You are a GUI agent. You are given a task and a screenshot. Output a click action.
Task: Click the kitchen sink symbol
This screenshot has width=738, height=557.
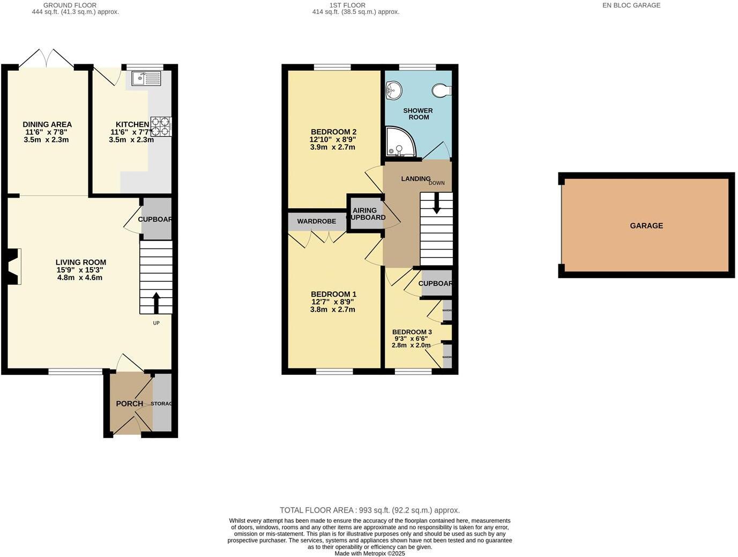(146, 79)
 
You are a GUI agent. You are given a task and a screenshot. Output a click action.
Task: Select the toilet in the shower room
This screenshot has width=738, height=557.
(442, 91)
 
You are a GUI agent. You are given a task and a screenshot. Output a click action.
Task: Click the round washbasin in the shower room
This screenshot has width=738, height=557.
(393, 91)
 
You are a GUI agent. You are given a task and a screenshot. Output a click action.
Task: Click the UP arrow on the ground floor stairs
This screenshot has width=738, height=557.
(156, 303)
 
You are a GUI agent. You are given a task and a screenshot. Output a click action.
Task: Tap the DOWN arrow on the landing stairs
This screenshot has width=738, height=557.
(437, 203)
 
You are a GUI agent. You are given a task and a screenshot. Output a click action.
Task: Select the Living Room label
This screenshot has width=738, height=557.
(81, 262)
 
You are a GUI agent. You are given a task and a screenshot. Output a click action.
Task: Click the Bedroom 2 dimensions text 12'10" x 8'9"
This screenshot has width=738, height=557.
(332, 139)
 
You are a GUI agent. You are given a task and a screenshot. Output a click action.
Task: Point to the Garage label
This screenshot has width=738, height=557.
(646, 226)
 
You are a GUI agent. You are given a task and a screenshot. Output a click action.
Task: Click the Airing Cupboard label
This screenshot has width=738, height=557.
(366, 214)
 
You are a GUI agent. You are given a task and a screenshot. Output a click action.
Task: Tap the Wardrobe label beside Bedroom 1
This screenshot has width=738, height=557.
(316, 221)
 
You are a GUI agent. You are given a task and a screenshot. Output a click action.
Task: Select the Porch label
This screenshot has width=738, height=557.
(130, 404)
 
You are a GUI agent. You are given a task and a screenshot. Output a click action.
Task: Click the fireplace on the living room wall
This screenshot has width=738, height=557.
(14, 266)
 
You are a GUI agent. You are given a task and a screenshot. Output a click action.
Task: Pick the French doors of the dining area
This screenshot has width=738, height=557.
(47, 58)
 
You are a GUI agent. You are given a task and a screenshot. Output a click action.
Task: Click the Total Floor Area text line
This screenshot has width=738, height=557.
(369, 510)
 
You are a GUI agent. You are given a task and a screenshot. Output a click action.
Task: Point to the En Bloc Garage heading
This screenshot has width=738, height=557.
(631, 5)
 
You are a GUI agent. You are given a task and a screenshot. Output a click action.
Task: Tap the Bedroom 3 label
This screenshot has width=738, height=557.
(412, 332)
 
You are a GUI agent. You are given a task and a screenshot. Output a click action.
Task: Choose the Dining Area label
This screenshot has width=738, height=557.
(47, 124)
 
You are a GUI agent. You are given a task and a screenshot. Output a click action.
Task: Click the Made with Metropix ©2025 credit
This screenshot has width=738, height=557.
(369, 554)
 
